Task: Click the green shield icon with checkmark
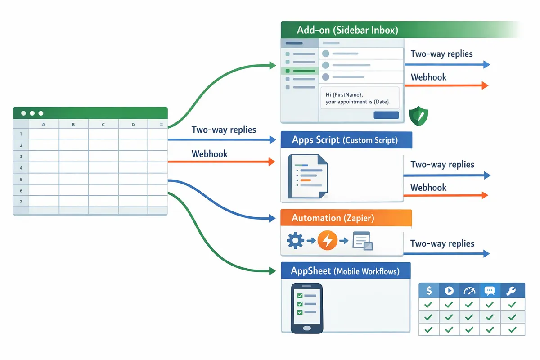[x=418, y=116]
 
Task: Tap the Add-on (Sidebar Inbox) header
[x=347, y=31]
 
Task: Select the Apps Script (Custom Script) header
[x=345, y=140]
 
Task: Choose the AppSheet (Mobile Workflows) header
[x=345, y=271]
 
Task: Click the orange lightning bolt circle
[x=327, y=241]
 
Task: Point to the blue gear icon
[x=295, y=241]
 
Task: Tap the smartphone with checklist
[x=306, y=308]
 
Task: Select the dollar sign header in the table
[x=429, y=290]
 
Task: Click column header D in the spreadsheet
[x=133, y=124]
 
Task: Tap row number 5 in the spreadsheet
[x=21, y=180]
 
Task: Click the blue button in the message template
[x=386, y=115]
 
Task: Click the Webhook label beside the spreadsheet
[x=209, y=154]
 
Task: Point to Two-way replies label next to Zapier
[x=442, y=243]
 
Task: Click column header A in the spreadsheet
[x=44, y=124]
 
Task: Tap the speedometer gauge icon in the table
[x=469, y=290]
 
